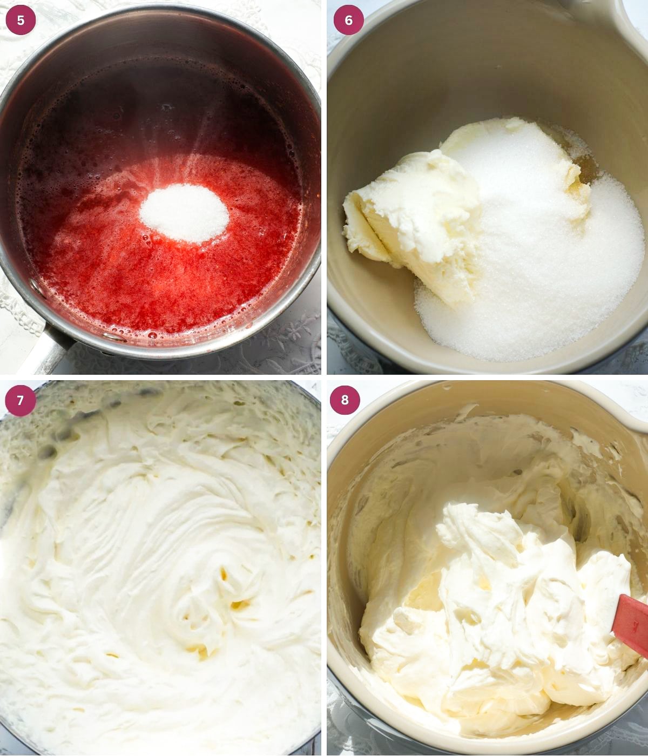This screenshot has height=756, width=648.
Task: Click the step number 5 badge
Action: tap(21, 21)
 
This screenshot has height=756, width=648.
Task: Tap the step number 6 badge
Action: tap(348, 21)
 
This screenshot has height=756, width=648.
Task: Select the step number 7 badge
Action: tap(21, 400)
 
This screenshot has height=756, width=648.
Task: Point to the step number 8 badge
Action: tap(345, 400)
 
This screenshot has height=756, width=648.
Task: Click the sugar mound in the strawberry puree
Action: tap(184, 212)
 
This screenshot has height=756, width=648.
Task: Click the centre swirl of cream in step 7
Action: tap(216, 583)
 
